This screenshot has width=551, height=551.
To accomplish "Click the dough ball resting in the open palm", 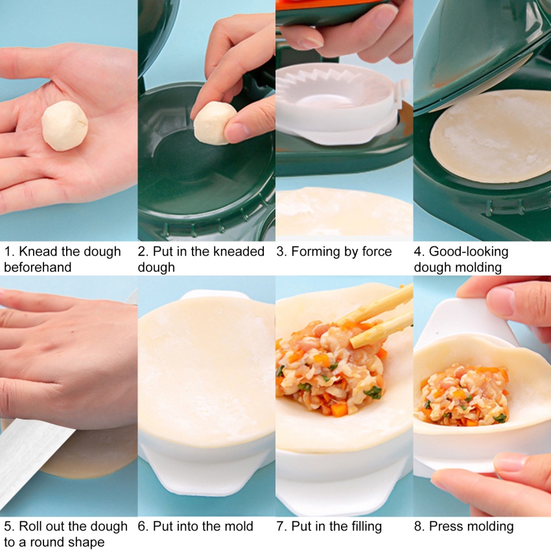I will (65, 126).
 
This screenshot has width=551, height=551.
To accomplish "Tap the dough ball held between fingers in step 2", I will (213, 123).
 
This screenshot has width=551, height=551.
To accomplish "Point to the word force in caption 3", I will (375, 252).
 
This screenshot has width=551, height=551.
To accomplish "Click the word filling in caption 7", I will (363, 526).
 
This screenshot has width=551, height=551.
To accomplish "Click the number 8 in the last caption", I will (417, 526).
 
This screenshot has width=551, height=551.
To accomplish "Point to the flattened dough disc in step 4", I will (493, 136).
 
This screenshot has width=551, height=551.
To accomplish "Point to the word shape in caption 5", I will (88, 543).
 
